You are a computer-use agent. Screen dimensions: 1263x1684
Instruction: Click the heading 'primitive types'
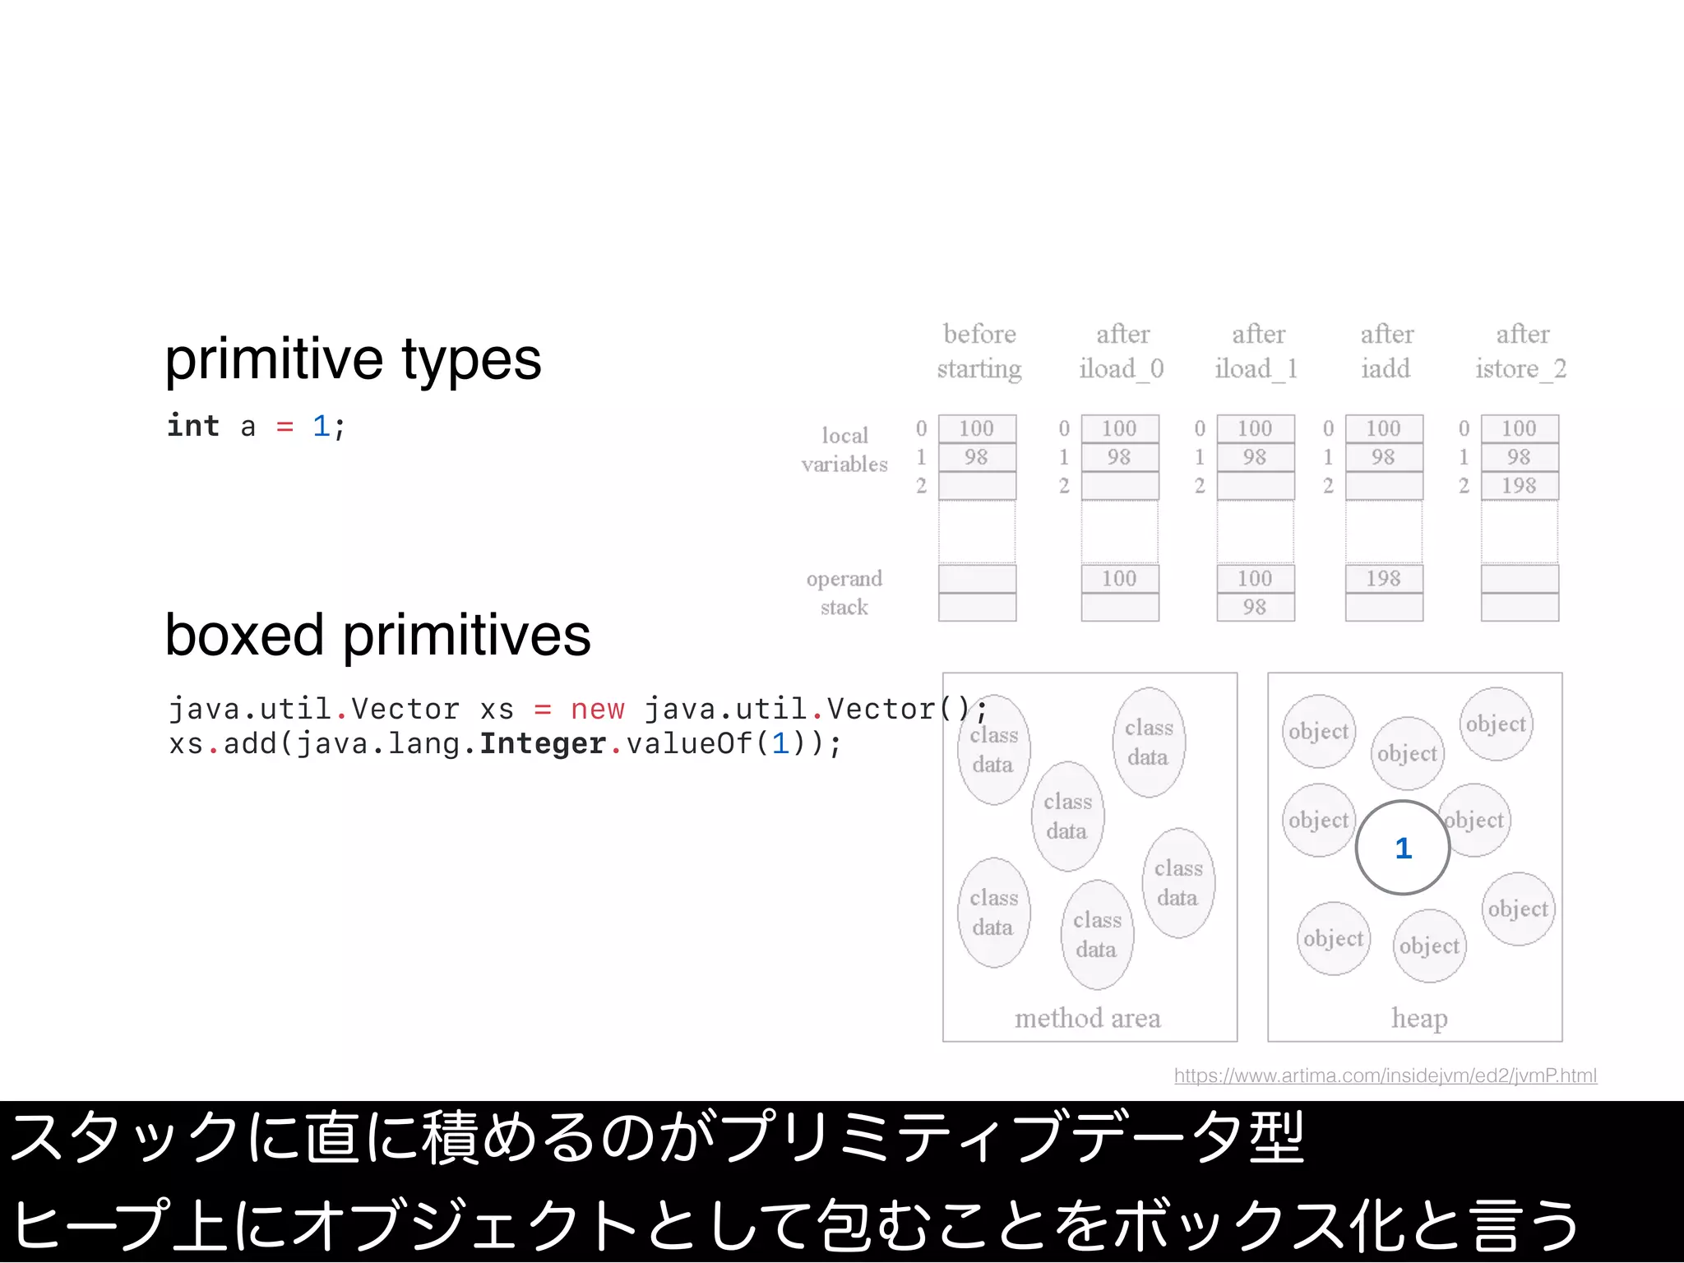pos(353,359)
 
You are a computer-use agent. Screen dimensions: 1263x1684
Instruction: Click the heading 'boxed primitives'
pos(377,636)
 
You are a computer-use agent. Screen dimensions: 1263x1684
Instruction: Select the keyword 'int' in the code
pos(193,426)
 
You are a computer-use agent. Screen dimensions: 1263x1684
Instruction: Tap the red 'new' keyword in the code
pos(597,709)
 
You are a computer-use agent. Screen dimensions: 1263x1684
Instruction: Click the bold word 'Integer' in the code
pos(543,744)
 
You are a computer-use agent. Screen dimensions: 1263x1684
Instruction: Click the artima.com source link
pos(1385,1076)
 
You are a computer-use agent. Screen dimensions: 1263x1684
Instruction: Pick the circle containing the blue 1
pos(1403,848)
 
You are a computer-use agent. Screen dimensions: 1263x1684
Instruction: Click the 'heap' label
pos(1419,1019)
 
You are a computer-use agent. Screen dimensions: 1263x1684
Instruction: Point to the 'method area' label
pos(1087,1019)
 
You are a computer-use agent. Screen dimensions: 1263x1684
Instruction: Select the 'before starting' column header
pos(979,351)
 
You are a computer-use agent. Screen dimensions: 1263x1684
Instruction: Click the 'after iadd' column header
pos(1386,351)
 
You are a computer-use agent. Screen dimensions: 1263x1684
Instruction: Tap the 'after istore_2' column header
pos(1521,351)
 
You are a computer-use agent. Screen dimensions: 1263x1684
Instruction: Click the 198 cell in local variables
pos(1519,486)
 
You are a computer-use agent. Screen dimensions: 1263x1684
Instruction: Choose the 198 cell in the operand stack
pos(1383,579)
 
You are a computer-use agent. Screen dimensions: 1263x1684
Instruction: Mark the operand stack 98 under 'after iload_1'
pos(1255,608)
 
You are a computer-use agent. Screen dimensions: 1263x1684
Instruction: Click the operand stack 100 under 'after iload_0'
pos(1119,579)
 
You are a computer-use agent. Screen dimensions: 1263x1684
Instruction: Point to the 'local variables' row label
pos(844,450)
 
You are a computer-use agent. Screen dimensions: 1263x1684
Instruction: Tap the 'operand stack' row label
pos(844,593)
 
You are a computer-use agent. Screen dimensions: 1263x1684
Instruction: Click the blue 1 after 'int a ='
pos(321,426)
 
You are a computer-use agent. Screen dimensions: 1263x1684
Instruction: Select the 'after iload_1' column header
pos(1257,351)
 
